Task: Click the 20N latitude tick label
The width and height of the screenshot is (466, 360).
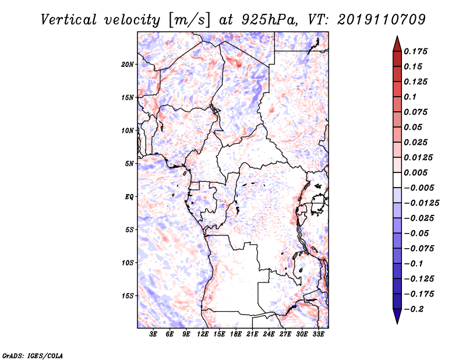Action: [128, 65]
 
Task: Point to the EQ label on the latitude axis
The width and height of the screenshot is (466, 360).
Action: [129, 197]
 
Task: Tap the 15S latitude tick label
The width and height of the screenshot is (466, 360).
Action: [128, 296]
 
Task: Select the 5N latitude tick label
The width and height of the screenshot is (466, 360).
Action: [129, 164]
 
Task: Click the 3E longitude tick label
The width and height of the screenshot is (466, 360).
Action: [153, 334]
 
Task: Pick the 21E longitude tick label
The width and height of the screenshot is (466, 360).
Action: [252, 334]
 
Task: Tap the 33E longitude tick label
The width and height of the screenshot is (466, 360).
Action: [318, 334]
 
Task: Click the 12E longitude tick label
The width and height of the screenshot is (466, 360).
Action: [203, 334]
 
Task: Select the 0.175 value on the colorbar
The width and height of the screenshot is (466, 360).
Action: [415, 51]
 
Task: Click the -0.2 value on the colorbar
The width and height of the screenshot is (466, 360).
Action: [414, 309]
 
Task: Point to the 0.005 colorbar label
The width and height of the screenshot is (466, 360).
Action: [415, 172]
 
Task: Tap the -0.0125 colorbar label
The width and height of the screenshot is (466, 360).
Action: [421, 203]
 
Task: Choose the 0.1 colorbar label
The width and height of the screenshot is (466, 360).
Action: [410, 97]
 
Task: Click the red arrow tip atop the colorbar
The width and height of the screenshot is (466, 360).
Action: [397, 36]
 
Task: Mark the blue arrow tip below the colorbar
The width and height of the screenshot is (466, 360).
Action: [397, 323]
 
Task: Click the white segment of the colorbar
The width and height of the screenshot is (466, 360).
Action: [397, 180]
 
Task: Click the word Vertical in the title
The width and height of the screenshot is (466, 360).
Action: [69, 20]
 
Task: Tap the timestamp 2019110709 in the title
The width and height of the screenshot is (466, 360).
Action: [382, 20]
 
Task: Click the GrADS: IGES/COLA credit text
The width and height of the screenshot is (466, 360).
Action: [33, 355]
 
